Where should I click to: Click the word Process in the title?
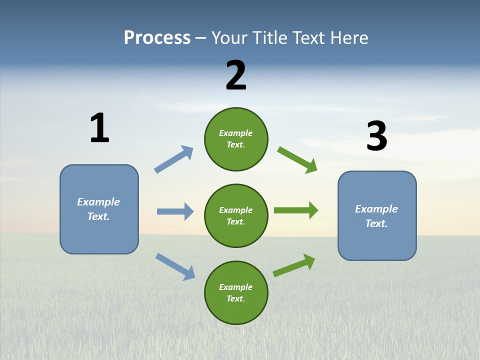(x=157, y=38)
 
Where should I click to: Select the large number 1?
(x=99, y=128)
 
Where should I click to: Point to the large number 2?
(x=236, y=75)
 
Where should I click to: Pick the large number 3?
(x=376, y=136)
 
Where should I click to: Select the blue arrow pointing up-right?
(x=174, y=159)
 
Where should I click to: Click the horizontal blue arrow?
(x=175, y=211)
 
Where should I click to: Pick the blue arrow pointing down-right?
(x=175, y=266)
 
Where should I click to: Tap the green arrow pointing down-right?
(x=297, y=159)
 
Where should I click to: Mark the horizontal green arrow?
(x=296, y=210)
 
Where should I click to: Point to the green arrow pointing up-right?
(x=294, y=265)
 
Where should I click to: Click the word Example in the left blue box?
(x=98, y=202)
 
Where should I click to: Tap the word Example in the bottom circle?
(x=235, y=287)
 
